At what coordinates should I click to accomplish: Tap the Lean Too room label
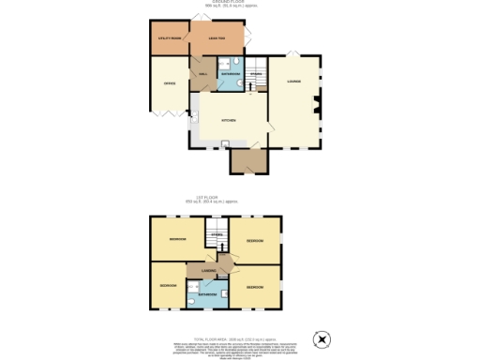[x=217, y=37]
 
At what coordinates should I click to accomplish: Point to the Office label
[x=170, y=84]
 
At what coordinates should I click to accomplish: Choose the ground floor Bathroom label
[x=231, y=72]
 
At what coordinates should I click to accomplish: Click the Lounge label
[x=294, y=82]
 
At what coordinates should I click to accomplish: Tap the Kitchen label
[x=228, y=121]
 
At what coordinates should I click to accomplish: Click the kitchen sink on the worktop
[x=225, y=142]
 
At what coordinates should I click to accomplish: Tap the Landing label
[x=209, y=271]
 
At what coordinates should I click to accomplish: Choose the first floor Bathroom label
[x=208, y=294]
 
